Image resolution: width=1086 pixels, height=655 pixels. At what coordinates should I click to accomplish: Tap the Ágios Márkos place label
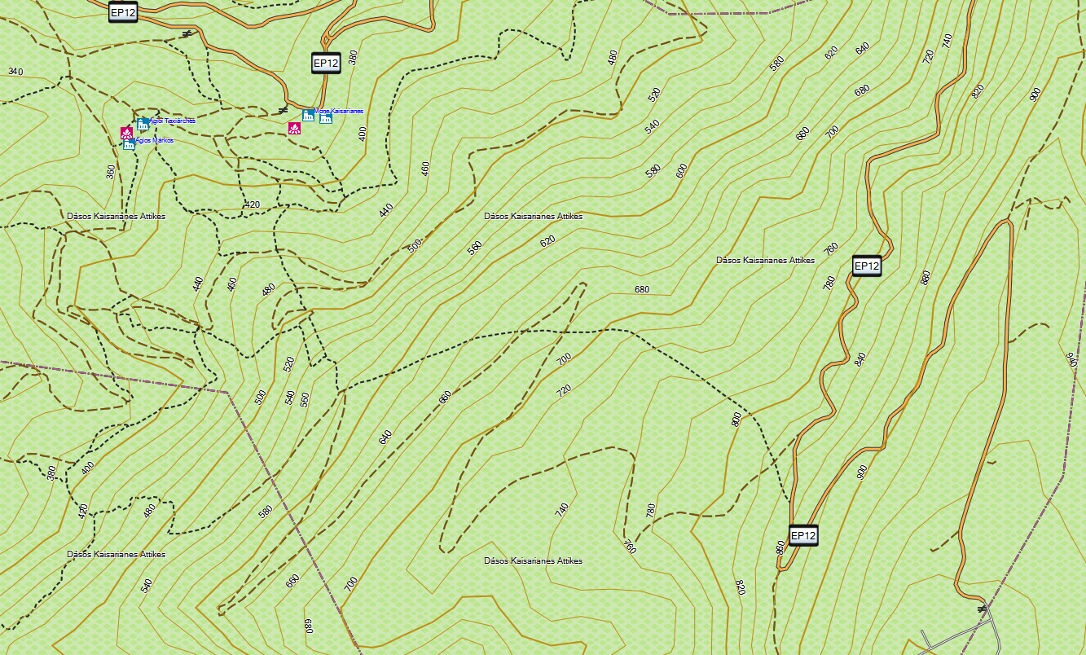[154, 140]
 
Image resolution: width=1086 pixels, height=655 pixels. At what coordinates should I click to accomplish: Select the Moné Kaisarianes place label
[338, 111]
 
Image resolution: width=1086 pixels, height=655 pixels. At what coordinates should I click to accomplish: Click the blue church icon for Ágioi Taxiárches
[143, 124]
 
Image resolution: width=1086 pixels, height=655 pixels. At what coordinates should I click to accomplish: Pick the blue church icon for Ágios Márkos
[129, 144]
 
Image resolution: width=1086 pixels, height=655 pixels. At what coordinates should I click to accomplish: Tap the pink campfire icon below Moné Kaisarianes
[294, 129]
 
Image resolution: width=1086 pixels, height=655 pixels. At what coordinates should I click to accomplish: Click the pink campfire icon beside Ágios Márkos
[126, 133]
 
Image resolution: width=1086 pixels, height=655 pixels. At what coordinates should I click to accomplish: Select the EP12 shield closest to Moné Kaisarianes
[325, 63]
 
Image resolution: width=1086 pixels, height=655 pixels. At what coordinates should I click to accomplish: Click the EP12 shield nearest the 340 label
[122, 11]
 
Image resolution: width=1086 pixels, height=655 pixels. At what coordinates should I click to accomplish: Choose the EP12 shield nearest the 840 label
[867, 266]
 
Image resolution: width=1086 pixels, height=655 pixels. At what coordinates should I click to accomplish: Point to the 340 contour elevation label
[15, 72]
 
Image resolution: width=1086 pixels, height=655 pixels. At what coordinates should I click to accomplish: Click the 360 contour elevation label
[111, 172]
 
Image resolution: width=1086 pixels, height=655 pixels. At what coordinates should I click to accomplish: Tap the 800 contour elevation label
[736, 420]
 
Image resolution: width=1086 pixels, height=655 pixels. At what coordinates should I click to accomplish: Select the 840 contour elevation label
[859, 359]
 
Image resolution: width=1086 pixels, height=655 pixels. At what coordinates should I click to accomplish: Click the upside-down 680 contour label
[308, 626]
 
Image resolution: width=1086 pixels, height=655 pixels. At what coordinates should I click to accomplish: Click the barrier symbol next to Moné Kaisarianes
[283, 109]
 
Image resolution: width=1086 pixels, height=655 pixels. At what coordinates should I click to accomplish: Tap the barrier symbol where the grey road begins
[982, 608]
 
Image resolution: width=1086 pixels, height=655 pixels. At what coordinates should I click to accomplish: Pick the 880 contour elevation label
[925, 278]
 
